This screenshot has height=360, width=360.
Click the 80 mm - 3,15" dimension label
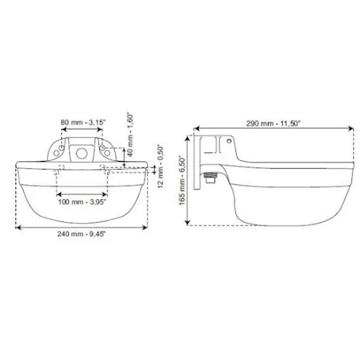click(83, 122)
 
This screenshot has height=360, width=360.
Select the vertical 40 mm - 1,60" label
click(131, 135)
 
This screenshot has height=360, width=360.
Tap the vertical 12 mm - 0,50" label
click(160, 166)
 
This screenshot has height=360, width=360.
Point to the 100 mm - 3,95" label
click(82, 201)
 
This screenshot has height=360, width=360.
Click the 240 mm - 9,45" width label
click(81, 234)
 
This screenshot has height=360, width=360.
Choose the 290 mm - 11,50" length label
click(273, 124)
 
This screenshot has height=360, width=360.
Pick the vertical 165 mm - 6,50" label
click(182, 180)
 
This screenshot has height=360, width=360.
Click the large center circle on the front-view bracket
click(81, 154)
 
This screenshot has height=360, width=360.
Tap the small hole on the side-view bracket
click(229, 141)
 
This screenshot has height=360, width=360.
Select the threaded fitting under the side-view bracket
click(210, 178)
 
